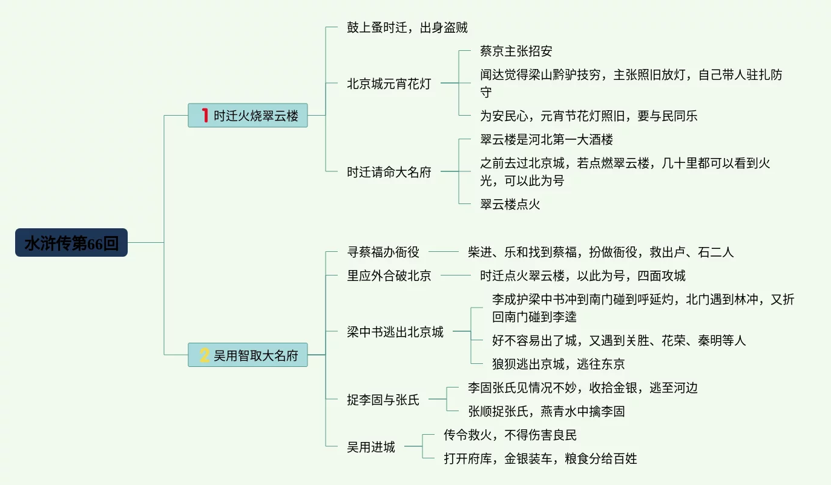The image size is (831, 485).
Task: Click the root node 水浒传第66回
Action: [x=71, y=243]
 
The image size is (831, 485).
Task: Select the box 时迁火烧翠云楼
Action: [x=248, y=115]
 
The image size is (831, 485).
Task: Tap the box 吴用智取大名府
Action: [x=248, y=355]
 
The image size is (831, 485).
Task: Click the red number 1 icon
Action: [x=205, y=115]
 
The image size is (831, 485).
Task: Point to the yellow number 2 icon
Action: [x=205, y=355]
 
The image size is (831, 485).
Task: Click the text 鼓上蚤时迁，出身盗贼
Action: [x=407, y=27]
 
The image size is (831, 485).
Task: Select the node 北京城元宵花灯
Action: [x=389, y=84]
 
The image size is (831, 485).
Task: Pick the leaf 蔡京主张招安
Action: [x=516, y=51]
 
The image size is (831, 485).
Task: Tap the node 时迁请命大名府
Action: [x=389, y=172]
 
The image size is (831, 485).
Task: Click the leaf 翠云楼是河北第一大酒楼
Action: [x=546, y=139]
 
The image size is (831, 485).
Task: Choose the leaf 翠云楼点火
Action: [x=510, y=204]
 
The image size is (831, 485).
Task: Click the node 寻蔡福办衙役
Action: [x=383, y=251]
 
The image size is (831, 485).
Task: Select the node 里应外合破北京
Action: [x=389, y=275]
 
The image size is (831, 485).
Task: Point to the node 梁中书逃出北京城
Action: [x=395, y=332]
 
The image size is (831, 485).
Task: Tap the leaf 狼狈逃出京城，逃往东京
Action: [x=558, y=363]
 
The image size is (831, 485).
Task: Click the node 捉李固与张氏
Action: [x=383, y=400]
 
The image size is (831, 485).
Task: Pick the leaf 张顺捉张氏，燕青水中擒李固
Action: [x=546, y=411]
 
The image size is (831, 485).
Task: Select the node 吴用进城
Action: [x=370, y=447]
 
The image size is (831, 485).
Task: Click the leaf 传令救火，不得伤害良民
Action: [x=510, y=435]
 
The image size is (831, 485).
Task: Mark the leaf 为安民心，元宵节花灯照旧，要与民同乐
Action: [x=588, y=115]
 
